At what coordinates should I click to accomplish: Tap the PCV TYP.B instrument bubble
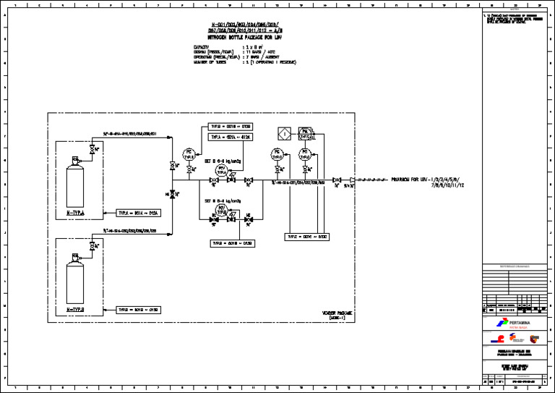pyautogui.click(x=222, y=209)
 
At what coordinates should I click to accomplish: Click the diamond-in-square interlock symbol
pyautogui.click(x=285, y=133)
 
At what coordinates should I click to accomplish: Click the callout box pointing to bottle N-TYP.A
pyautogui.click(x=138, y=214)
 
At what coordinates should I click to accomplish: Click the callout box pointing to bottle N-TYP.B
pyautogui.click(x=138, y=309)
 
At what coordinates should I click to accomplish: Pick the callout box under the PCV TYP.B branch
pyautogui.click(x=232, y=243)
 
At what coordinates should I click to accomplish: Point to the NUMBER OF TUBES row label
pyautogui.click(x=210, y=62)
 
